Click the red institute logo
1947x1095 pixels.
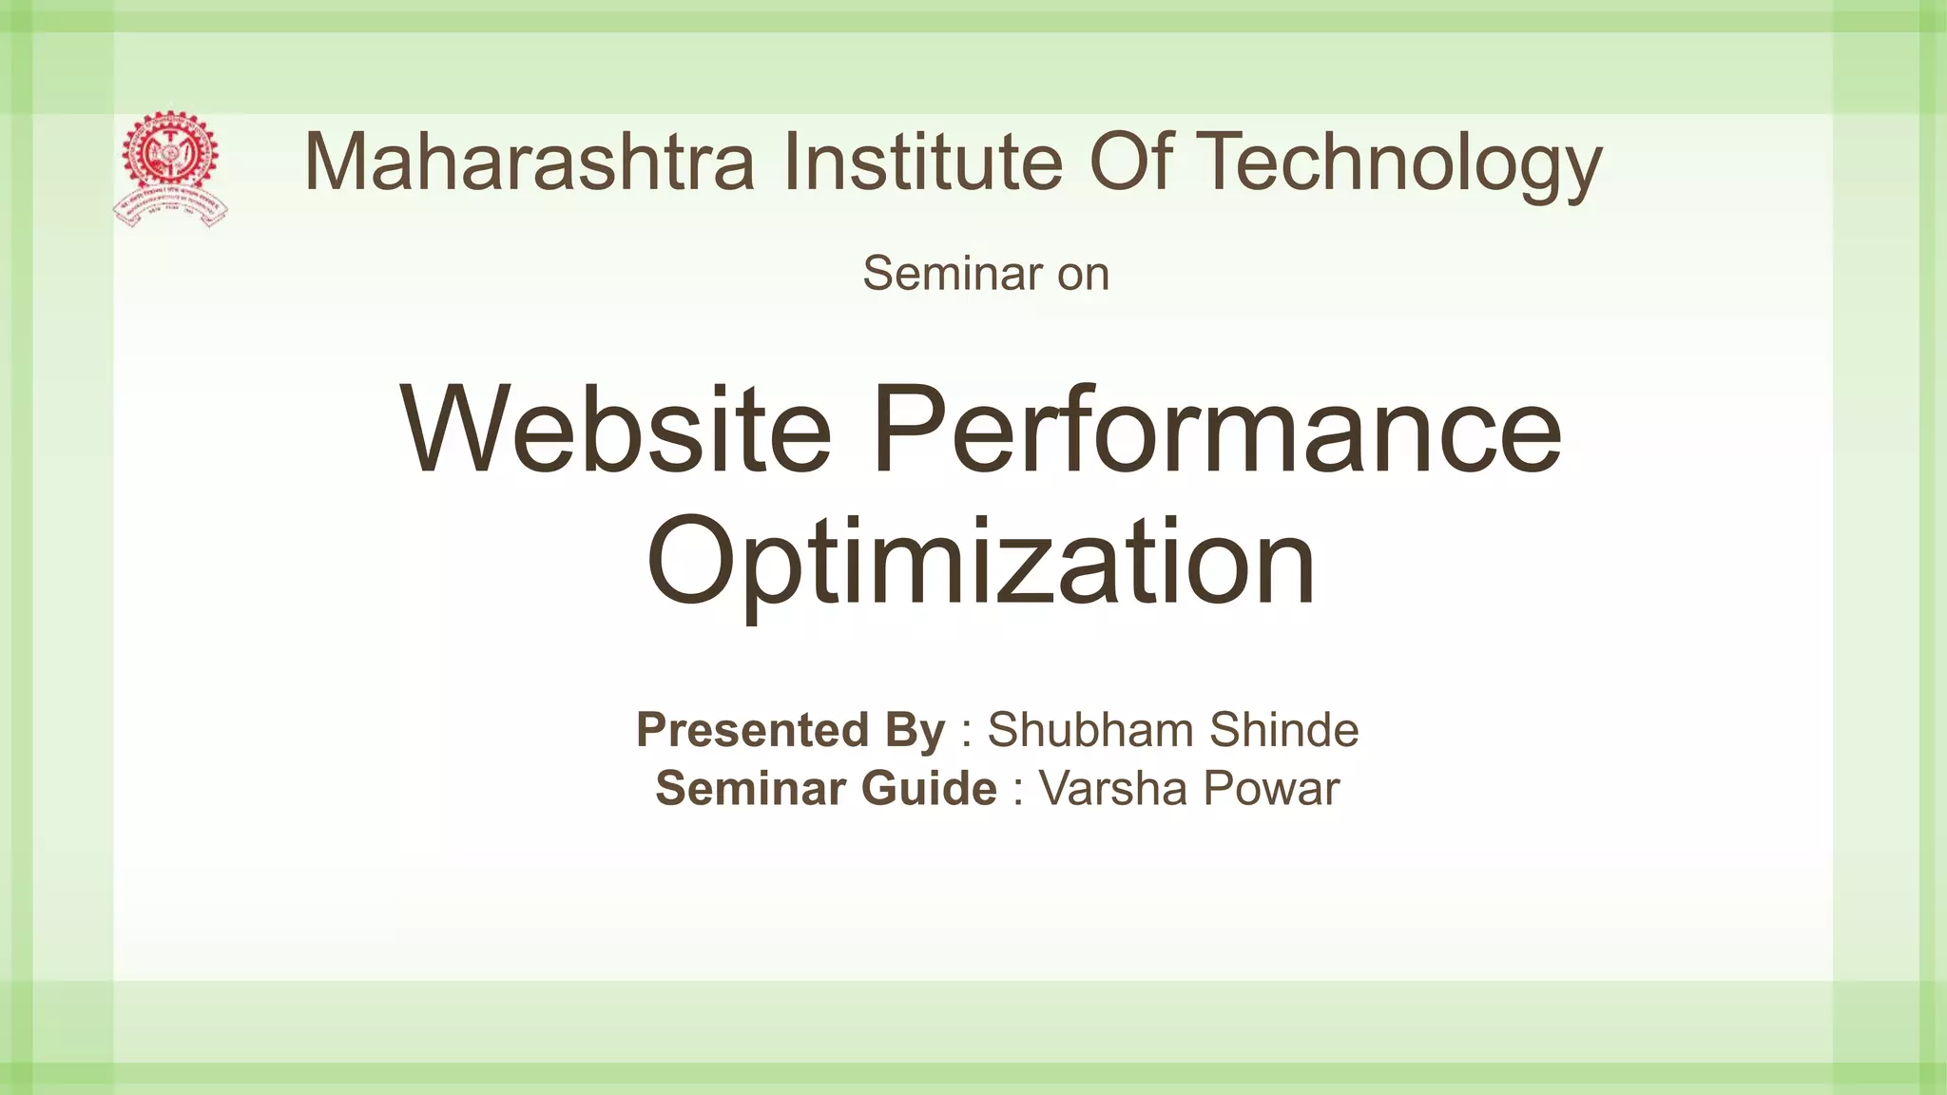(x=171, y=168)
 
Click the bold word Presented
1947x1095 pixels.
(x=751, y=730)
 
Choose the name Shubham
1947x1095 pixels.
(x=1089, y=730)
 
